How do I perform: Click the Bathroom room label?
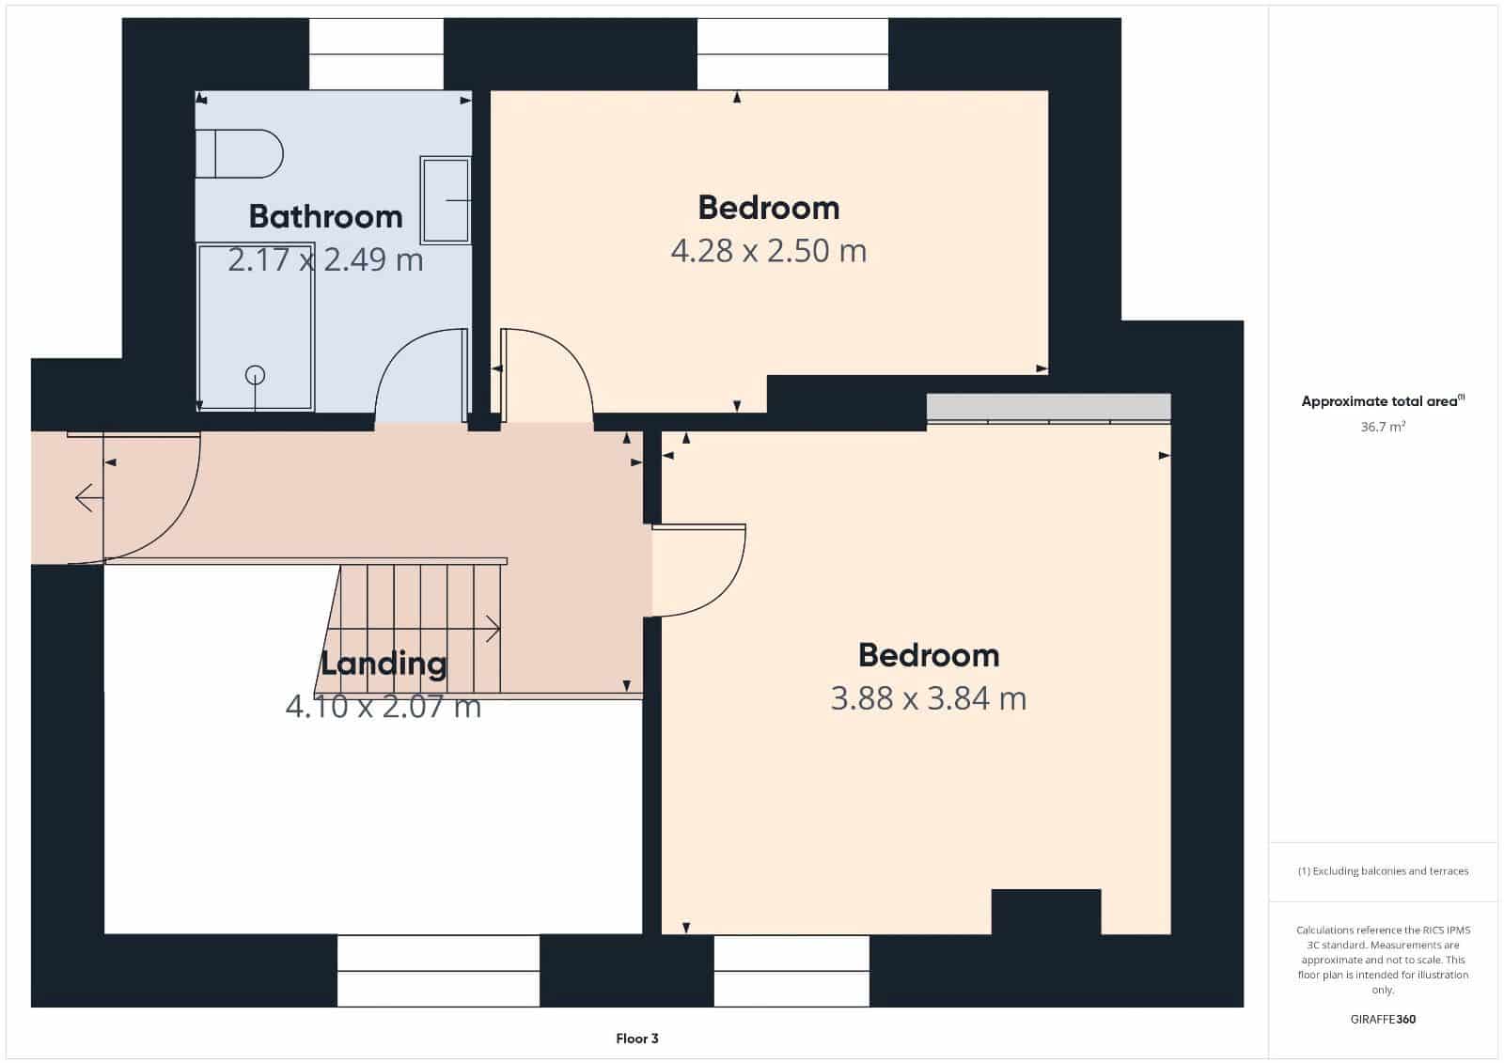tap(325, 216)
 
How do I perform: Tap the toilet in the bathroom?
tap(241, 154)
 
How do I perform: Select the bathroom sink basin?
tap(445, 200)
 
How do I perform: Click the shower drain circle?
tap(255, 375)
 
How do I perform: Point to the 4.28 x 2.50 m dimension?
tap(768, 251)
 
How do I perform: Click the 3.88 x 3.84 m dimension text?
tap(928, 698)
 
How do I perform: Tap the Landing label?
tap(384, 663)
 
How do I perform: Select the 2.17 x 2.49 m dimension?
tap(325, 259)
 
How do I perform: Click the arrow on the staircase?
tap(491, 629)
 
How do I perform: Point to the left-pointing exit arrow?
tap(86, 496)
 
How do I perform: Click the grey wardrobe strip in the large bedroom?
tap(1048, 406)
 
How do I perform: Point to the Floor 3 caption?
tap(637, 1039)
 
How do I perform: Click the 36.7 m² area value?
tap(1383, 427)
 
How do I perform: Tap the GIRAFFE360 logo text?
tap(1382, 1019)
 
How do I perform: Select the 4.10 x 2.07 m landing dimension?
tap(384, 706)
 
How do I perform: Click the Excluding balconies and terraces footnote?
tap(1383, 871)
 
